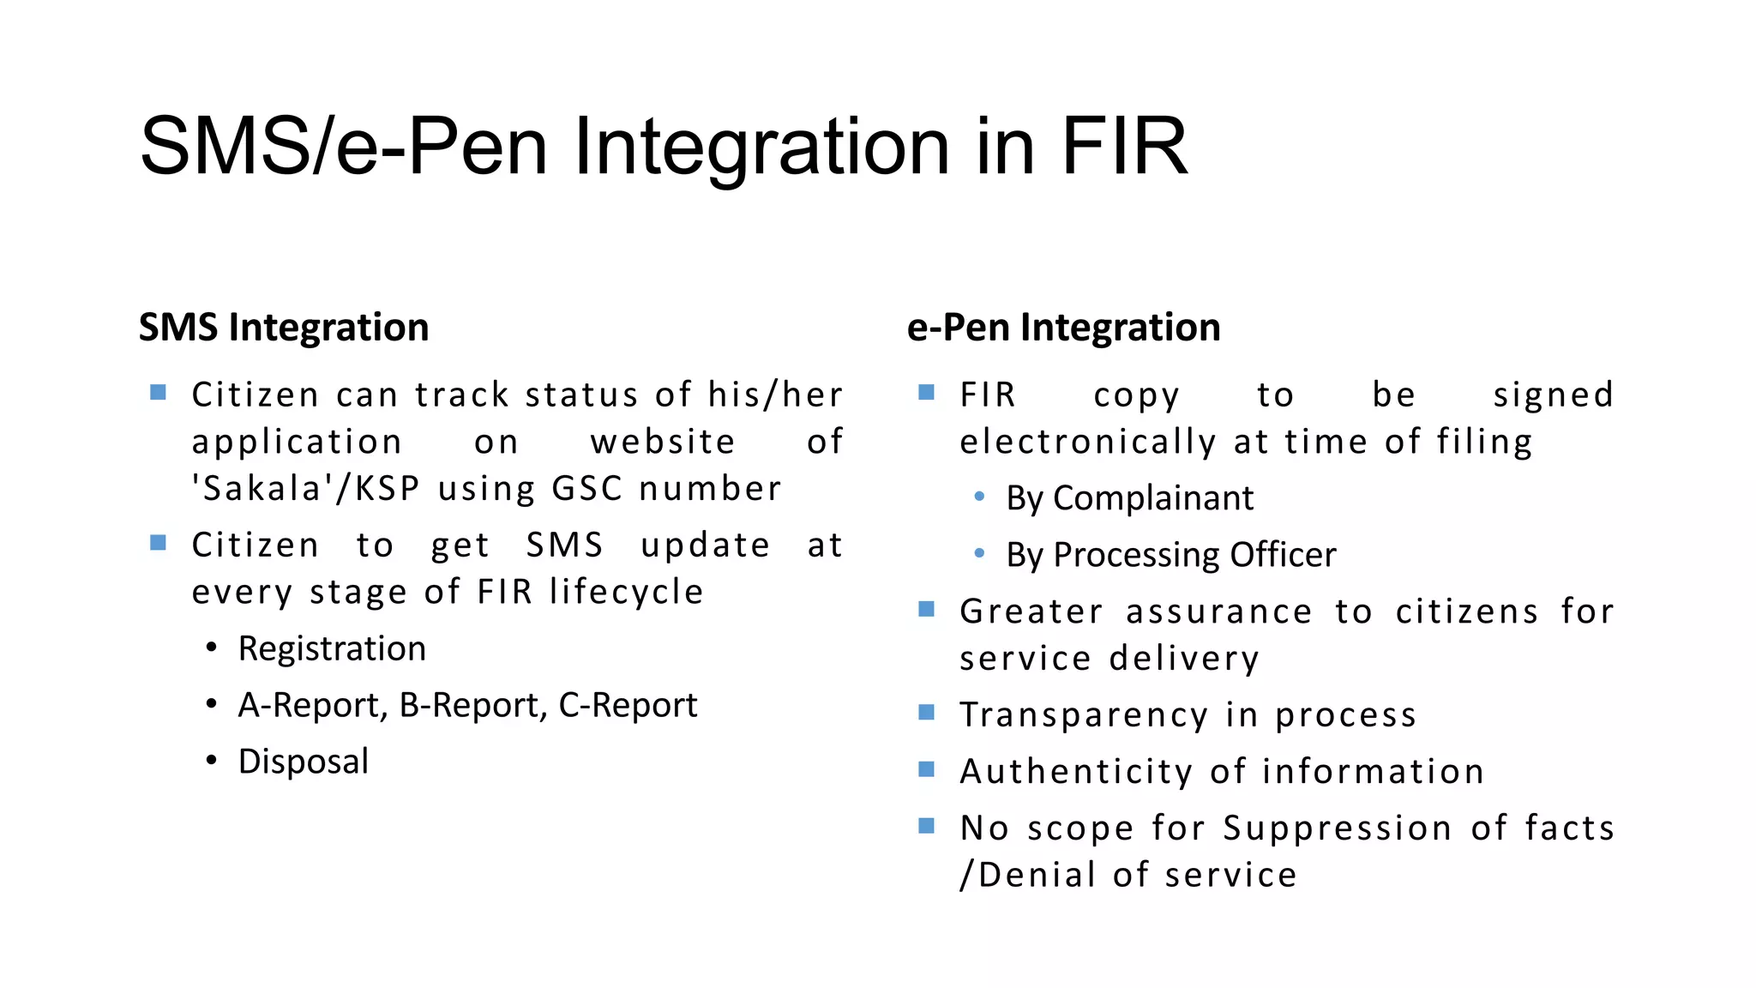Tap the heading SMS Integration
click(x=284, y=328)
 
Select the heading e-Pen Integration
click(x=1063, y=328)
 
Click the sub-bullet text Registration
click(x=332, y=649)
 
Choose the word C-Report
click(x=628, y=706)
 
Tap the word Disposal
click(x=304, y=762)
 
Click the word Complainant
click(x=1153, y=498)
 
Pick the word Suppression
click(x=1337, y=828)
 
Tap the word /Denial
click(x=1027, y=875)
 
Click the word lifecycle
click(x=627, y=592)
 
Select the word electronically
click(x=1087, y=443)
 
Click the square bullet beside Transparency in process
click(x=926, y=713)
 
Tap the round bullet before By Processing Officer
click(x=979, y=554)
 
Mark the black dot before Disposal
click(x=211, y=761)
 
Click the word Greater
click(x=1031, y=612)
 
